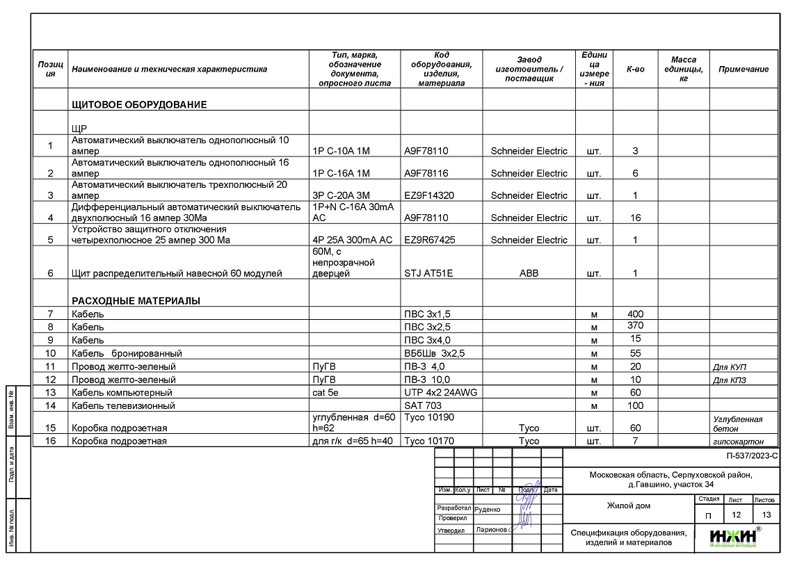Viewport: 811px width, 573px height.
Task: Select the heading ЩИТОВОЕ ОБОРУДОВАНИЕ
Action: [x=139, y=105]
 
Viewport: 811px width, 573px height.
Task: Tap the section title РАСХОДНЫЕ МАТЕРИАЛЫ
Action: [x=136, y=301]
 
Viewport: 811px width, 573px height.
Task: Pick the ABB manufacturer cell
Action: [x=529, y=273]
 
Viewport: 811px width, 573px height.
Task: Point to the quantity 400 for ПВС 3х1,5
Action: [x=635, y=314]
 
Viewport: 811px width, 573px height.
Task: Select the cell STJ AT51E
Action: [x=428, y=273]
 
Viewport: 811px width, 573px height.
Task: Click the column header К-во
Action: [x=635, y=70]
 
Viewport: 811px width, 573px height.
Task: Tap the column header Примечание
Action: [x=744, y=70]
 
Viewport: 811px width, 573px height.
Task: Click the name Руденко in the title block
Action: [x=487, y=508]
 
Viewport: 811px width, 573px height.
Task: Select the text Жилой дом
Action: [x=629, y=506]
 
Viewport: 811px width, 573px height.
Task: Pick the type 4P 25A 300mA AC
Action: [x=353, y=240]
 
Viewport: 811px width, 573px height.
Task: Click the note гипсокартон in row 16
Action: [x=738, y=441]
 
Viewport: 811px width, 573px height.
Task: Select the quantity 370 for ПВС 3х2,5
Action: [x=635, y=325]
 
